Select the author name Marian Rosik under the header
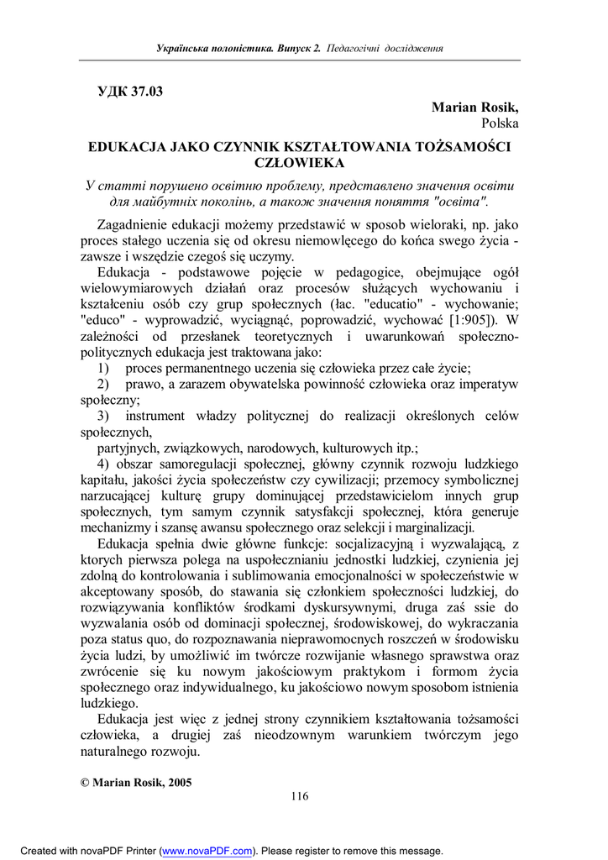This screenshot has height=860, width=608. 475,107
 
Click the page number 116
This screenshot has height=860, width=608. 300,796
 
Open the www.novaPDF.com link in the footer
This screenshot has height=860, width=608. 207,851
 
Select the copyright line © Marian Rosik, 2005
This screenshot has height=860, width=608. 136,782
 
